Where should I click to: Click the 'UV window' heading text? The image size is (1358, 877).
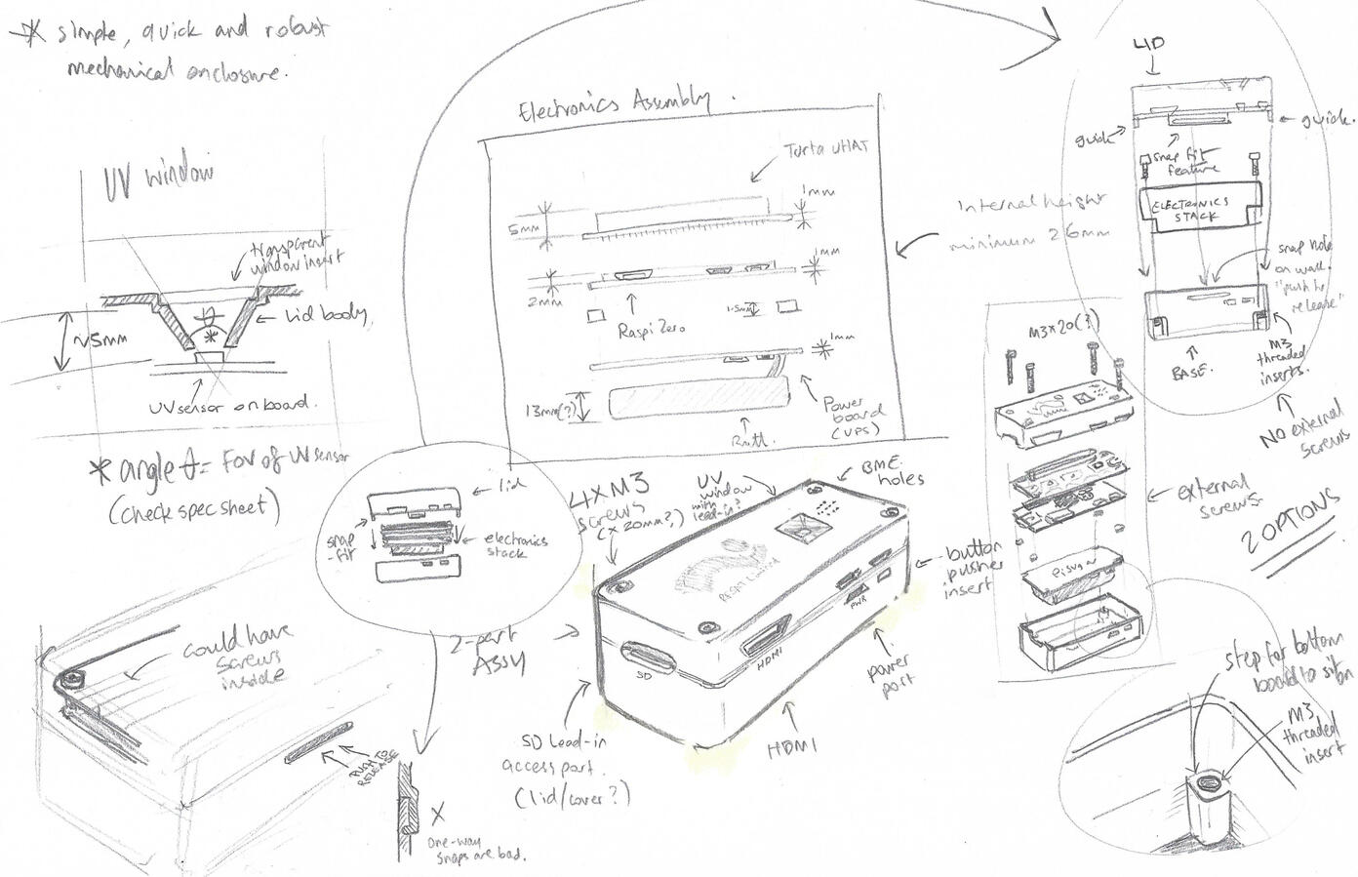tap(158, 180)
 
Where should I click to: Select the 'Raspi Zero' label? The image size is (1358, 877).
tap(652, 329)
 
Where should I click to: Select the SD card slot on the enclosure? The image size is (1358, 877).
tap(645, 658)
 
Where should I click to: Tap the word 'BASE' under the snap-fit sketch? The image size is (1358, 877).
tap(1187, 373)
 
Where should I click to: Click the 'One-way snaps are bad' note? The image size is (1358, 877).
tap(475, 847)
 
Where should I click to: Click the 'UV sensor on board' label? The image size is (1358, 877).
tap(228, 404)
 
